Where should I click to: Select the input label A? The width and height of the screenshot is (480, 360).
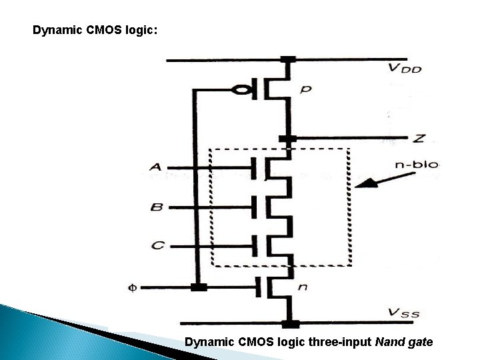(155, 167)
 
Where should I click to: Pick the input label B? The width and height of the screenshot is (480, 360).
(156, 207)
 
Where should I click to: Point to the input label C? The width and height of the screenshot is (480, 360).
(157, 246)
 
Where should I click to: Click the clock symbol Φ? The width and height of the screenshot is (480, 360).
(132, 288)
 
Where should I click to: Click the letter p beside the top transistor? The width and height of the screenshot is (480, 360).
(305, 89)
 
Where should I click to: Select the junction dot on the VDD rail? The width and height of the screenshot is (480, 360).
(288, 60)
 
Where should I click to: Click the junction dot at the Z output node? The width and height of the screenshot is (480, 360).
(287, 139)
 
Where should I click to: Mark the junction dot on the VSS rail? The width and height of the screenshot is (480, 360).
(290, 325)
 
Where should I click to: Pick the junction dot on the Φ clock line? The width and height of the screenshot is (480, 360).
(198, 287)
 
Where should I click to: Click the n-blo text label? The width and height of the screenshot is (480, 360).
(417, 165)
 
